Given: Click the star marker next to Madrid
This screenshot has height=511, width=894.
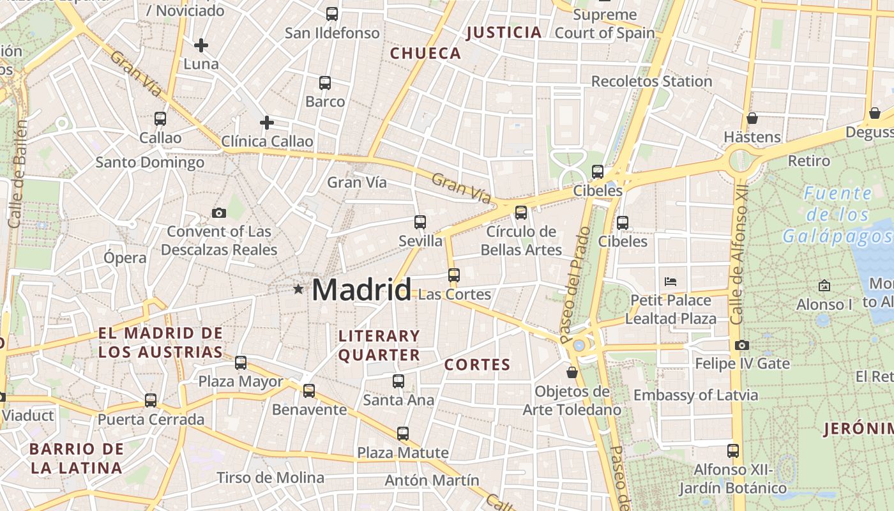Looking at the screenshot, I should click(x=298, y=289).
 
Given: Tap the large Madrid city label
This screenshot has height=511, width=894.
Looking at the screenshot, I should click(x=361, y=291).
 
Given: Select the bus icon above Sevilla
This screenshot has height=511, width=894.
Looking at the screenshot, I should click(x=420, y=222).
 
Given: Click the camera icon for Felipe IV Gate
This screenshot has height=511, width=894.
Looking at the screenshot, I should click(x=741, y=346).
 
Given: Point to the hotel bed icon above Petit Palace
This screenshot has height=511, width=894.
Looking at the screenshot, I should click(x=670, y=281).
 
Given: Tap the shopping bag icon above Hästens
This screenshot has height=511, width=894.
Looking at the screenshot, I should click(x=752, y=118).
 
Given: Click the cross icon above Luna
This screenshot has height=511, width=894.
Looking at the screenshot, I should click(x=201, y=45).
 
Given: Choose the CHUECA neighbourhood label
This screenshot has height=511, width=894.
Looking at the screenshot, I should click(x=425, y=54).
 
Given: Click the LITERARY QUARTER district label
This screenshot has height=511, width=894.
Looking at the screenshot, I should click(x=379, y=345).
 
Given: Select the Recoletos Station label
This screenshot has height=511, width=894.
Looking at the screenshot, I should click(x=651, y=81).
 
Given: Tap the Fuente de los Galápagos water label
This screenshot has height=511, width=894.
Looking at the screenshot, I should click(x=837, y=215).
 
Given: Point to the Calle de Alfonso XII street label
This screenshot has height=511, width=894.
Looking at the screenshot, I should click(x=739, y=256).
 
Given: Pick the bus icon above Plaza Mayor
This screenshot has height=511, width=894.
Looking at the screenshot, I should click(x=241, y=363).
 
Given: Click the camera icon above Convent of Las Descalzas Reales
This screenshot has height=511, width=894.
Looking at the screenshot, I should click(x=218, y=213).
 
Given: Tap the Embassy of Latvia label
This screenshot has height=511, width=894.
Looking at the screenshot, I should click(x=695, y=395).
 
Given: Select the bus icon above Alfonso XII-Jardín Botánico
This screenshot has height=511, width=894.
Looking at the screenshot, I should click(x=732, y=451).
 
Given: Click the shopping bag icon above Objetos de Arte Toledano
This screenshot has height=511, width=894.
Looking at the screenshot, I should click(x=572, y=372).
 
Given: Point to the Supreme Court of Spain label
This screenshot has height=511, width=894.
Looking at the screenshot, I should click(x=605, y=24).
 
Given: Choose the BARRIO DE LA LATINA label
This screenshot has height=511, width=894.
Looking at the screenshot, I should click(x=77, y=458).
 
